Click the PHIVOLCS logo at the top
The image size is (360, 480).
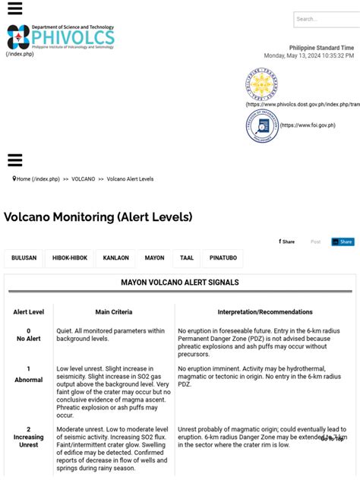[61, 36]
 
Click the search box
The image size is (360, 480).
[327, 19]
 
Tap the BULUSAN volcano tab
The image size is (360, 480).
[24, 258]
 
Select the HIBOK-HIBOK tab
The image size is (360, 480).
[70, 258]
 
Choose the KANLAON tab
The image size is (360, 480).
[116, 258]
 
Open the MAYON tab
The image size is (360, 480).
[154, 258]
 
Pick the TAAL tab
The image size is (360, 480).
[187, 258]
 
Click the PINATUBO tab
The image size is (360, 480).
[223, 258]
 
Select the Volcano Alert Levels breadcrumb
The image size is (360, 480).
[130, 179]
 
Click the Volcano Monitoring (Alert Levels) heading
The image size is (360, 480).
[98, 217]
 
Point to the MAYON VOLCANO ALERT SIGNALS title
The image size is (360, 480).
[180, 283]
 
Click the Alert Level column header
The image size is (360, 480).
[29, 312]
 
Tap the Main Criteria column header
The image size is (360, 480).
[114, 312]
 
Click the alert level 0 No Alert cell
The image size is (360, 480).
[29, 335]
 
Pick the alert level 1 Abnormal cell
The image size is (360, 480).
[29, 374]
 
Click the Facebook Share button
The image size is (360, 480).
[287, 242]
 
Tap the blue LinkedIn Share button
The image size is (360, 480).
[343, 242]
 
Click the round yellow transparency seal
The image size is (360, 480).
[262, 84]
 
